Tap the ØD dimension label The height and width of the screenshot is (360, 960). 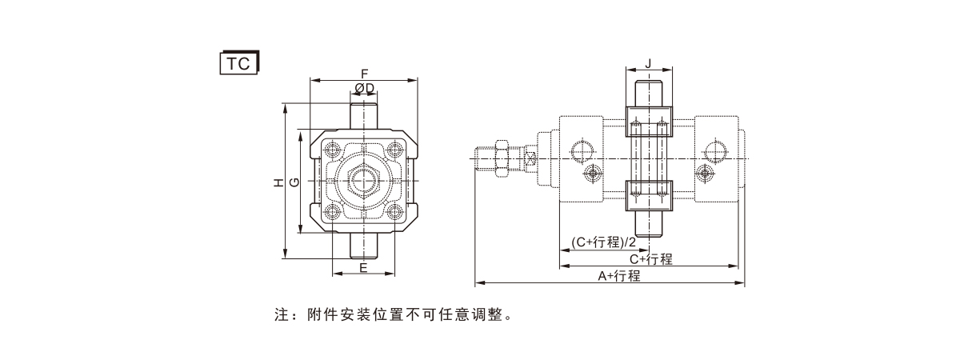pyautogui.click(x=364, y=87)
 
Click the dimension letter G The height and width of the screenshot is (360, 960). pyautogui.click(x=294, y=182)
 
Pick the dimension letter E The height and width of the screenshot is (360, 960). pyautogui.click(x=363, y=267)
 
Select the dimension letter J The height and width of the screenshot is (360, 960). pyautogui.click(x=648, y=62)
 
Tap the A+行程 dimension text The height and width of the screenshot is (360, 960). pyautogui.click(x=619, y=276)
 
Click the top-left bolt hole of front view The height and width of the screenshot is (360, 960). pyautogui.click(x=332, y=150)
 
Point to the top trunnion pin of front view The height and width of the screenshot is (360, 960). pyautogui.click(x=364, y=110)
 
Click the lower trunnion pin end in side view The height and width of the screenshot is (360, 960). pyautogui.click(x=648, y=226)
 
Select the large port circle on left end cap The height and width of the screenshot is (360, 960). pyautogui.click(x=582, y=150)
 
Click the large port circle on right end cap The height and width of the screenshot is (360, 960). pyautogui.click(x=714, y=150)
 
